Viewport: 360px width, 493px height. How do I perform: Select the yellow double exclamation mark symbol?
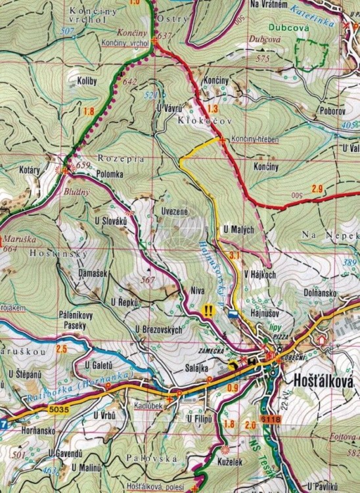[x=210, y=311]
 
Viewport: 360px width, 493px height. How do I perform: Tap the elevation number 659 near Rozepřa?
[x=83, y=166]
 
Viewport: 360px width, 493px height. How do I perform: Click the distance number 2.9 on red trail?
[x=317, y=189]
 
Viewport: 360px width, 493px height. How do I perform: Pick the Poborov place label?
[x=333, y=112]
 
